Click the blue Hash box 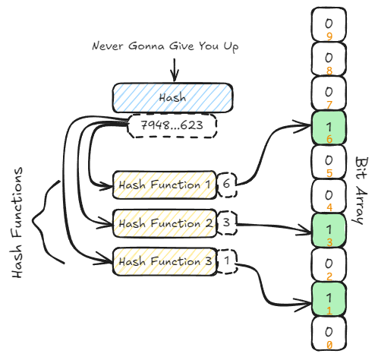click(x=172, y=98)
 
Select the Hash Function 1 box click(x=165, y=185)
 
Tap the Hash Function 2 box click(x=165, y=223)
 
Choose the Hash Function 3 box click(x=165, y=261)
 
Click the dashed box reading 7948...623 click(x=172, y=126)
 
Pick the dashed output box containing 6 click(x=227, y=185)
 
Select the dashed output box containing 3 click(x=227, y=223)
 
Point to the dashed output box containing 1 click(x=227, y=261)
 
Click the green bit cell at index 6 click(x=329, y=128)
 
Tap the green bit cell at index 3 click(x=329, y=231)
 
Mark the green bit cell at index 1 click(x=329, y=299)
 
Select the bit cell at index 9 click(x=329, y=25)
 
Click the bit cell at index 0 click(x=329, y=333)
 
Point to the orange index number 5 click(x=329, y=173)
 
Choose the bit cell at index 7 click(x=329, y=93)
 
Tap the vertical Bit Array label click(x=361, y=191)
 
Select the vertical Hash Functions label click(x=17, y=223)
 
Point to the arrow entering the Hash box click(x=175, y=70)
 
